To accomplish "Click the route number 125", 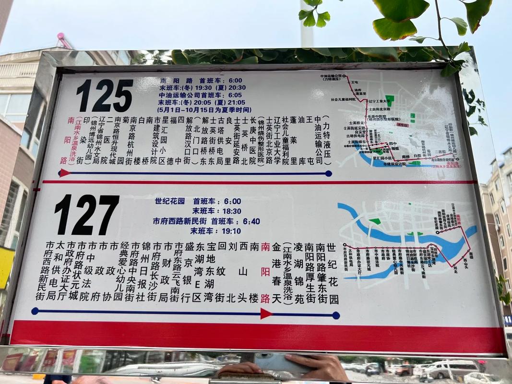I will pyautogui.click(x=104, y=96).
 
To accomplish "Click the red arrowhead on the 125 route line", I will pyautogui.click(x=64, y=173).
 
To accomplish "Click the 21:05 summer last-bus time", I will pyautogui.click(x=235, y=102).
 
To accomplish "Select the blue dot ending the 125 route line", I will pyautogui.click(x=328, y=173).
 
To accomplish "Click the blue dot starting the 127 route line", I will pyautogui.click(x=35, y=311).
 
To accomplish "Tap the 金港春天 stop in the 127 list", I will pyautogui.click(x=277, y=272).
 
